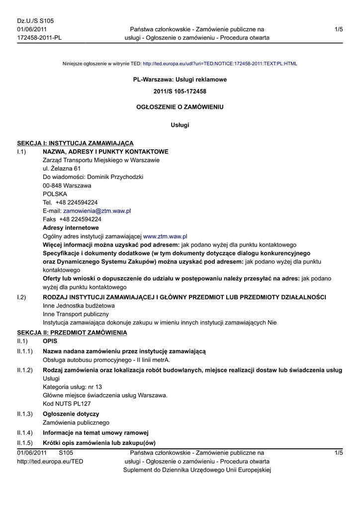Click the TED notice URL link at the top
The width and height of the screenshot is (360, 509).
(x=220, y=64)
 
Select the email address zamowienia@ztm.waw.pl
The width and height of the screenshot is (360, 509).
(x=97, y=211)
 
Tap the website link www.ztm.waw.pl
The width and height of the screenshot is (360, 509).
(x=165, y=236)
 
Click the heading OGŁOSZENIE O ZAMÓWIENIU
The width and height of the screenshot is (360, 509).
(x=180, y=107)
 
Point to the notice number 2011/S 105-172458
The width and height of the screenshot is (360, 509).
(x=180, y=91)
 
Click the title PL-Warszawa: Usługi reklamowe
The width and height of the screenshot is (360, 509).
(x=180, y=80)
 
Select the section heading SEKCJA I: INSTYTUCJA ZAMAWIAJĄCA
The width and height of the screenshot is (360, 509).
(x=75, y=143)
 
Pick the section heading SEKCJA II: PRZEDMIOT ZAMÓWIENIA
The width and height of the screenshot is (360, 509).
(x=72, y=332)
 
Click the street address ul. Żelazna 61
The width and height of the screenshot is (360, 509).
(x=62, y=169)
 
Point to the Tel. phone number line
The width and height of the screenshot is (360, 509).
(x=70, y=202)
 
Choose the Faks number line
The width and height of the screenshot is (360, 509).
(x=72, y=219)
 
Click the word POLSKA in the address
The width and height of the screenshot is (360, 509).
(x=55, y=194)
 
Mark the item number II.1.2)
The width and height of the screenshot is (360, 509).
(x=25, y=370)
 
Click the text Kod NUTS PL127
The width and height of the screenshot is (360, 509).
(x=67, y=404)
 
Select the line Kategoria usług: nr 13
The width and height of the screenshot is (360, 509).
(x=73, y=387)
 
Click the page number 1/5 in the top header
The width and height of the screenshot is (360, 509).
(x=339, y=30)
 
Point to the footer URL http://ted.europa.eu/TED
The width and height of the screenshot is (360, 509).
(x=50, y=461)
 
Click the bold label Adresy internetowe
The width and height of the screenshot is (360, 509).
(x=71, y=228)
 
